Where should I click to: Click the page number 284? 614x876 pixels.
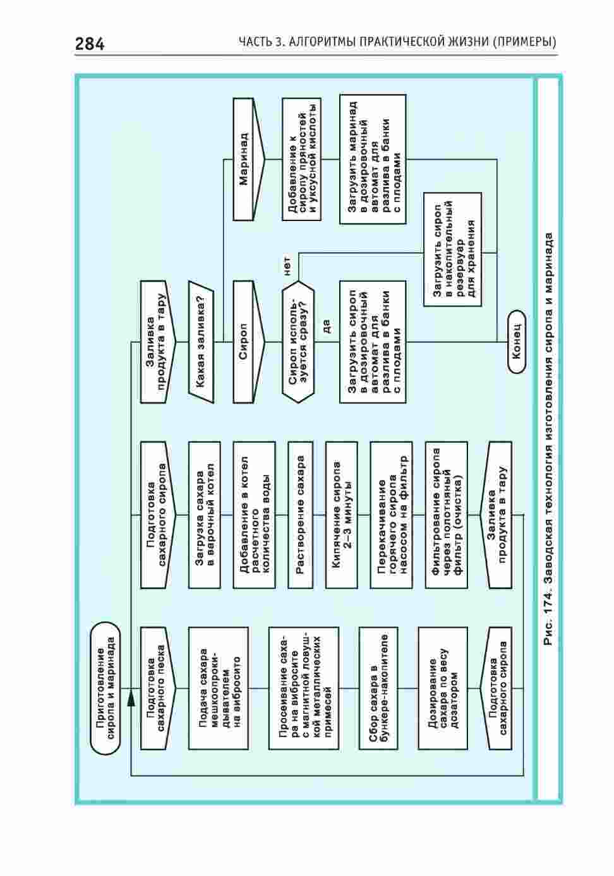point(90,44)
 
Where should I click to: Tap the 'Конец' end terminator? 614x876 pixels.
point(516,342)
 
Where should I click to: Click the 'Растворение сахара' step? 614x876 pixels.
point(300,515)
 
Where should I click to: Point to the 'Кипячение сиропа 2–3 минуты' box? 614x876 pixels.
point(341,515)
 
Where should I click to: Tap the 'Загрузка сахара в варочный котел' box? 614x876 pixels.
point(204,515)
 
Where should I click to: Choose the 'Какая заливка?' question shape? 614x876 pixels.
point(201,342)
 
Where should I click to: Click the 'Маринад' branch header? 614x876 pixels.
point(249,159)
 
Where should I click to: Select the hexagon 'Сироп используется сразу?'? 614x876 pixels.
point(298,342)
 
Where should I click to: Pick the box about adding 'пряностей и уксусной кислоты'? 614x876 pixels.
point(301,159)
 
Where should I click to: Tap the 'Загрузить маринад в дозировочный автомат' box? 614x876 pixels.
point(372,159)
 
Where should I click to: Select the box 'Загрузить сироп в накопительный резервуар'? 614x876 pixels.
point(452,249)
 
